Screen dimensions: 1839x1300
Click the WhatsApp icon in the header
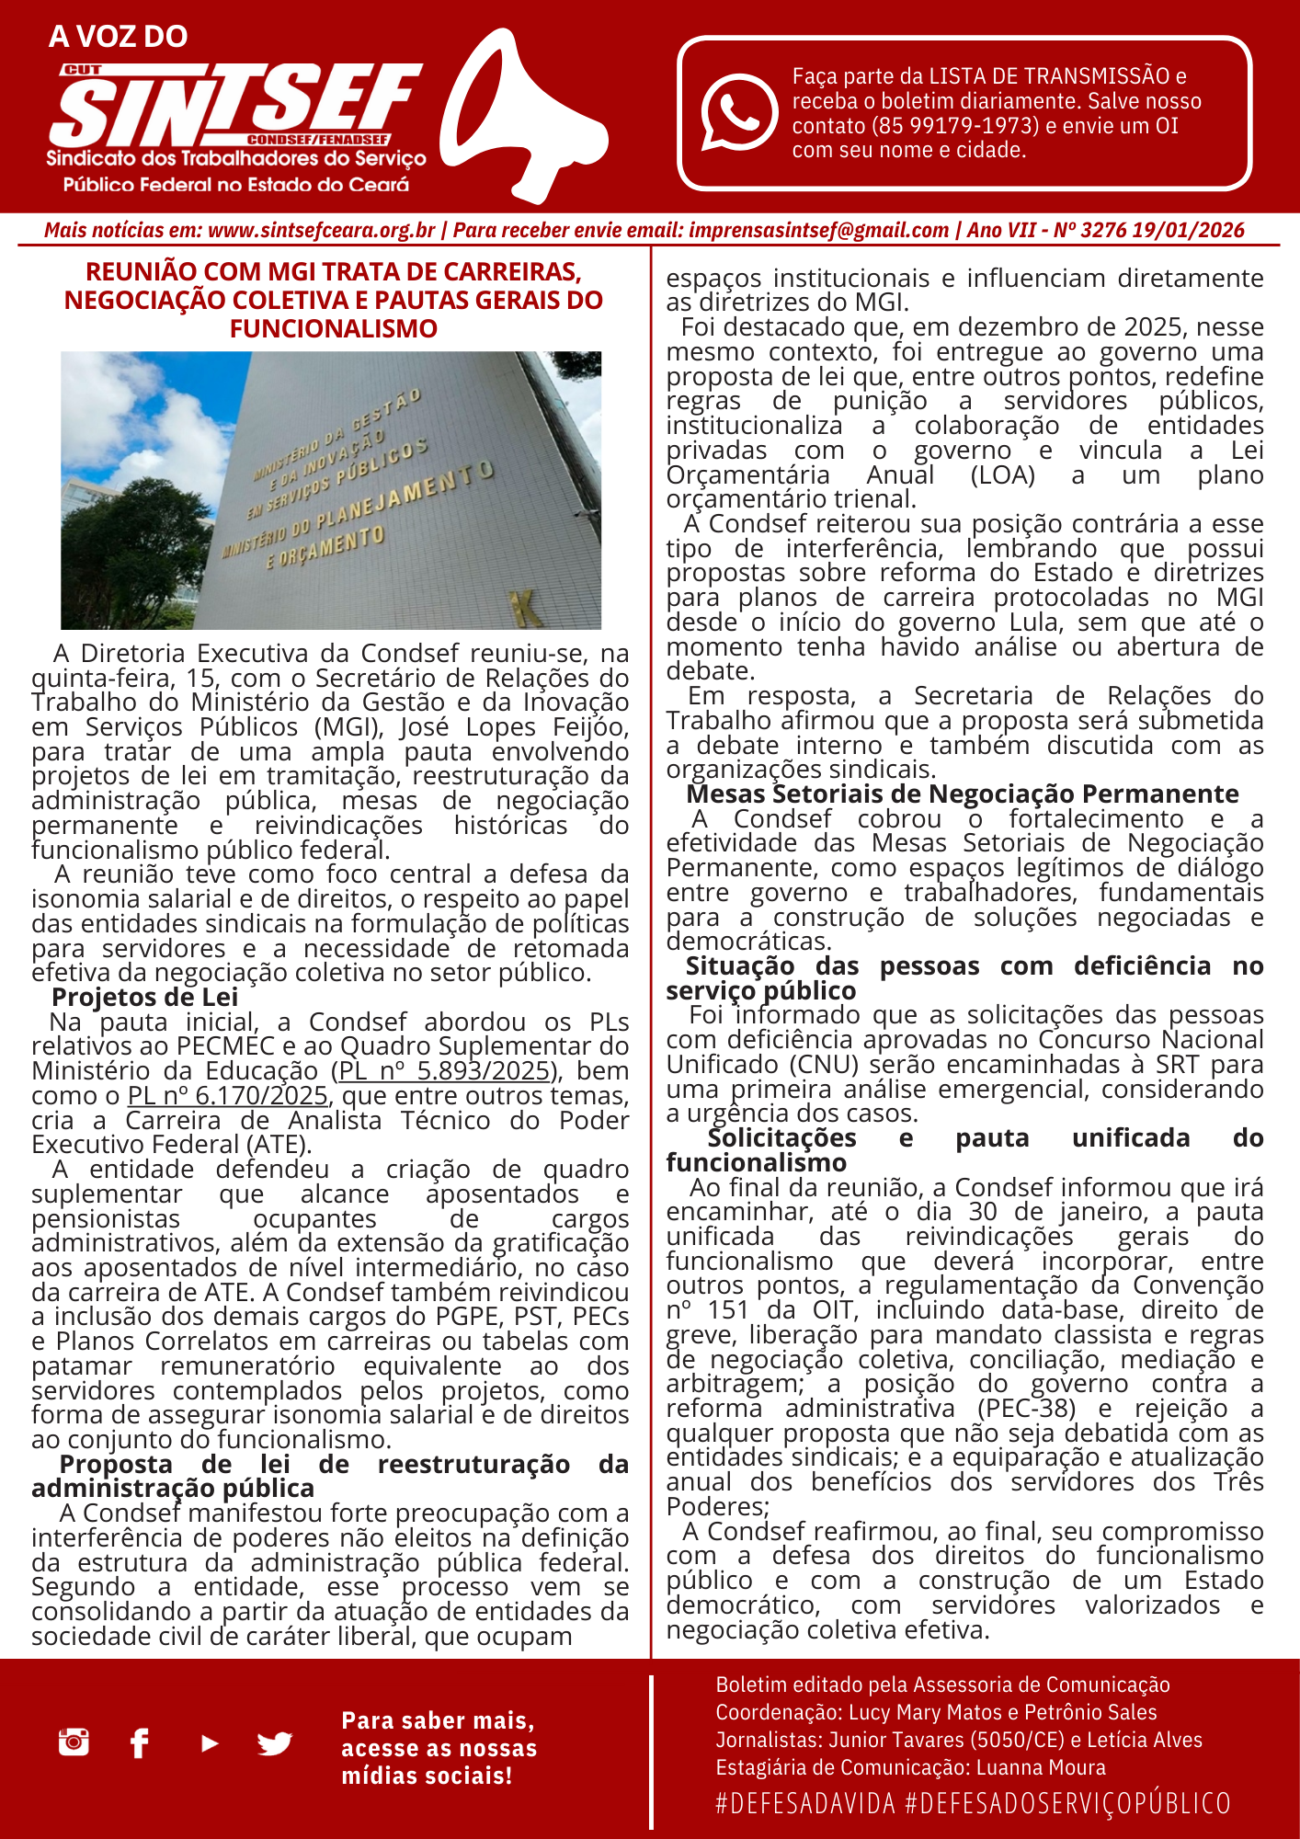(x=739, y=112)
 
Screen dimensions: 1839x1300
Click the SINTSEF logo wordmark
(x=234, y=106)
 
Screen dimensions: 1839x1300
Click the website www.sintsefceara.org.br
(x=321, y=230)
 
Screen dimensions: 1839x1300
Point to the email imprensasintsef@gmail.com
(x=818, y=230)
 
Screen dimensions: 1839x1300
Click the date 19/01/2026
(x=1188, y=230)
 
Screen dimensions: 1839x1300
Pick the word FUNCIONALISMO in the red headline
(x=334, y=329)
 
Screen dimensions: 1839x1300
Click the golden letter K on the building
(x=527, y=608)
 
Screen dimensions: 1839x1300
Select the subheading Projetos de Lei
(x=145, y=998)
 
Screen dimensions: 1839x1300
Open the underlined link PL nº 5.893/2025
(x=445, y=1071)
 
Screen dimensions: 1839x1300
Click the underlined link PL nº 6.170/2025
(x=228, y=1096)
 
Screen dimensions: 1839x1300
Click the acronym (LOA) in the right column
(x=1002, y=475)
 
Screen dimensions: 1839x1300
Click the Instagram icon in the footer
(x=74, y=1742)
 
